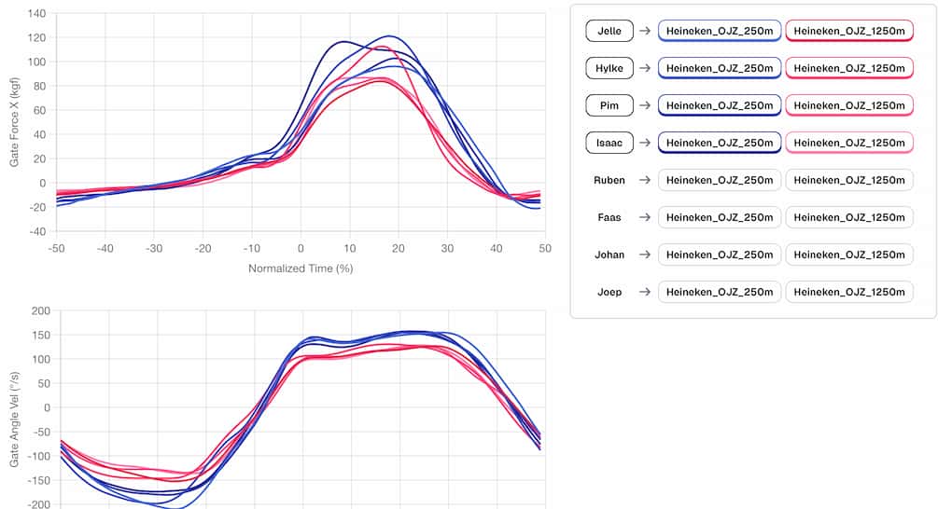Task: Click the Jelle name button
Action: (x=609, y=31)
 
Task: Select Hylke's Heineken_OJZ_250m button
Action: (x=719, y=68)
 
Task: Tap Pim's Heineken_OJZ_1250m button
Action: (x=848, y=105)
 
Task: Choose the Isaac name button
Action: (x=609, y=143)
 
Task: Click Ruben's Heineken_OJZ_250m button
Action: (x=719, y=180)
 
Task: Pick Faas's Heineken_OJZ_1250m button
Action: (x=848, y=217)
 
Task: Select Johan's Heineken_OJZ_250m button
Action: (x=719, y=254)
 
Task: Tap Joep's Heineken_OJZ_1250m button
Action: (x=848, y=292)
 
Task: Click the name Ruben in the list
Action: (x=609, y=180)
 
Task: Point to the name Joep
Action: (x=609, y=292)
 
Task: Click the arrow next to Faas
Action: (x=644, y=217)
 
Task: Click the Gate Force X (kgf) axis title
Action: (x=14, y=122)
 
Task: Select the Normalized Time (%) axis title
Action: (x=300, y=268)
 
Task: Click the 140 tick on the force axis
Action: (x=36, y=14)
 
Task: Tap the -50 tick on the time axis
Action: (x=56, y=249)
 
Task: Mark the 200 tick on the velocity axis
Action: (x=38, y=311)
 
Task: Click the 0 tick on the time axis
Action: (x=301, y=249)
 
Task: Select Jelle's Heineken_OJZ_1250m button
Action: (x=848, y=31)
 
